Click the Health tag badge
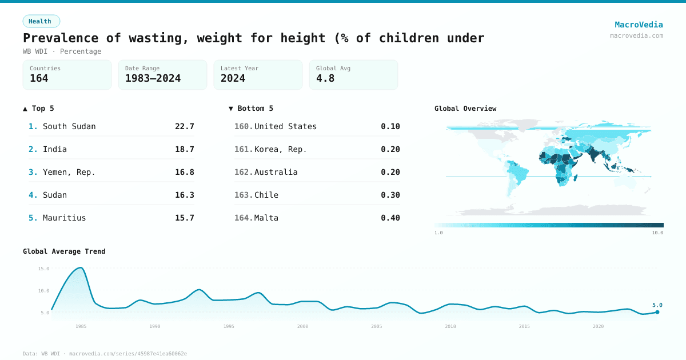[41, 21]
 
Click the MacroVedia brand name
[639, 25]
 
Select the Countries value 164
[39, 79]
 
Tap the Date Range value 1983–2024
[153, 79]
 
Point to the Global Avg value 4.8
[325, 79]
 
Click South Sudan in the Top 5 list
[69, 126]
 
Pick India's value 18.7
[184, 149]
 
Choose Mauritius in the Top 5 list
[64, 218]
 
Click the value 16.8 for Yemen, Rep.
[184, 172]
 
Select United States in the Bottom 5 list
[285, 126]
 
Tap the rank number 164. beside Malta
[243, 218]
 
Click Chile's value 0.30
[390, 195]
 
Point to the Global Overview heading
[465, 109]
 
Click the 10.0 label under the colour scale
[657, 233]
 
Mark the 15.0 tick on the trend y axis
[43, 269]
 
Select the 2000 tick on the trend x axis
[302, 326]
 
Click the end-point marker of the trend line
[657, 312]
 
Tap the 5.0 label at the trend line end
[657, 305]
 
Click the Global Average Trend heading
[64, 251]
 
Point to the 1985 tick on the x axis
[81, 326]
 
